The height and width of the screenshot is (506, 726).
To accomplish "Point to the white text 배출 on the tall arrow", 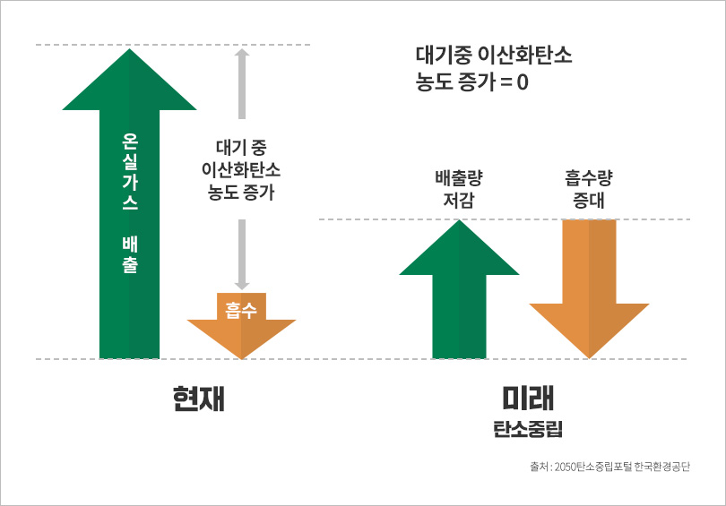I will [129, 254].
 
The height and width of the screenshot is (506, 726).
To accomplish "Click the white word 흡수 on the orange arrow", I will [241, 310].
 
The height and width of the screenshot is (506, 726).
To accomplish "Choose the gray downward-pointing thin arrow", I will [241, 254].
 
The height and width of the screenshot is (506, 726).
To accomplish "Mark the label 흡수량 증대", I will [589, 187].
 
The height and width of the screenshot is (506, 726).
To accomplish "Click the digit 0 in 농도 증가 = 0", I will [523, 86].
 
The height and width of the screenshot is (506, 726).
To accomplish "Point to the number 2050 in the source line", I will [569, 466].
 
